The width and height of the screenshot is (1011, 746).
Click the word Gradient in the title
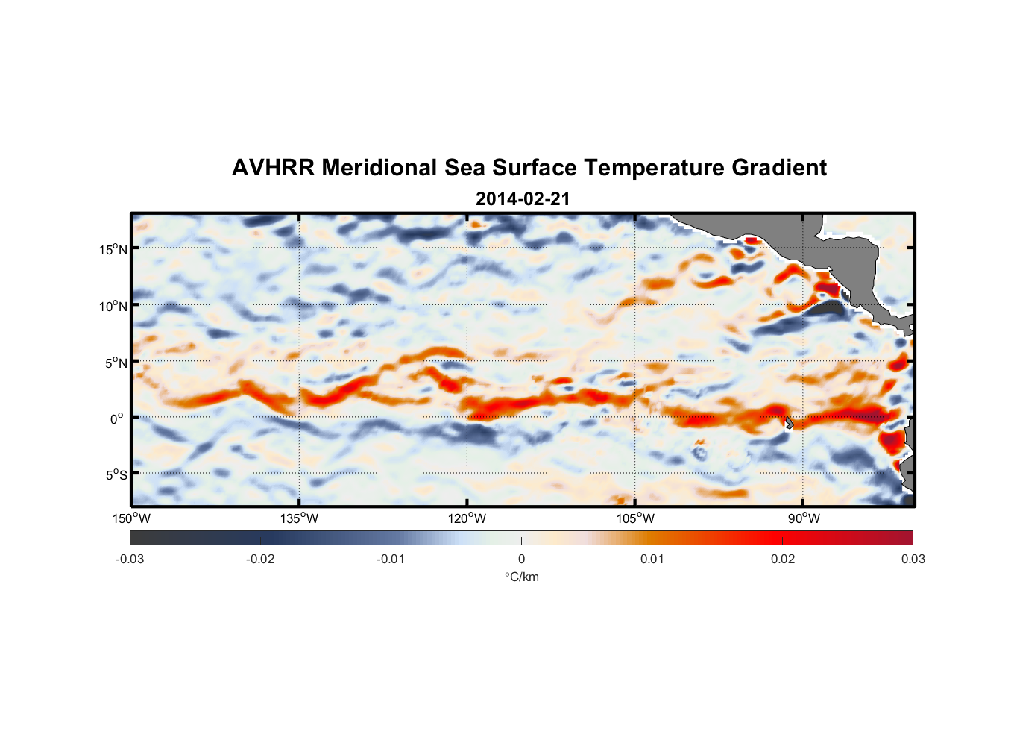click(x=779, y=168)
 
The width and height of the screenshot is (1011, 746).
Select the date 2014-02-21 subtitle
click(x=522, y=199)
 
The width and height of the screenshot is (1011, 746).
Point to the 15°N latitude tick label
click(x=113, y=249)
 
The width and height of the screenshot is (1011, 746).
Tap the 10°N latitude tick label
click(x=113, y=306)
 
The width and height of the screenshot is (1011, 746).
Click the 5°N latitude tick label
click(x=116, y=363)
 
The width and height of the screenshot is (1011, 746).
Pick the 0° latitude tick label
click(x=117, y=419)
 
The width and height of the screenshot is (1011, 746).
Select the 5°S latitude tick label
click(x=116, y=474)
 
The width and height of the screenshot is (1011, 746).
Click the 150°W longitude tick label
click(x=131, y=518)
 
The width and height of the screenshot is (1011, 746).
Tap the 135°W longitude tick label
click(x=299, y=518)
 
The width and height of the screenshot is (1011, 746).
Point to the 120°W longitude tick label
click(x=467, y=518)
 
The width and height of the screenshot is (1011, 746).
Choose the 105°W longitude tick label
click(x=635, y=518)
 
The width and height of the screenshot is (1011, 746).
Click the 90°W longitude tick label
click(x=804, y=518)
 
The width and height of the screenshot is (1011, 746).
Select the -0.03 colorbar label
click(x=130, y=559)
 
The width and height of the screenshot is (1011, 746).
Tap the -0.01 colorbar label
click(x=391, y=559)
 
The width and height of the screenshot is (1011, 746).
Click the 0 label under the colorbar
click(x=521, y=559)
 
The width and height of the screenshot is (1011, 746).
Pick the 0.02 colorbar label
click(x=783, y=559)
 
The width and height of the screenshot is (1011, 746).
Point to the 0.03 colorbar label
click(x=913, y=559)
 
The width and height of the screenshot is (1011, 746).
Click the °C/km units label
click(x=521, y=577)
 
